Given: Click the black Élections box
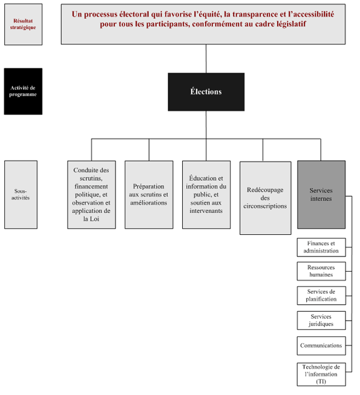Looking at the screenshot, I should pyautogui.click(x=206, y=92).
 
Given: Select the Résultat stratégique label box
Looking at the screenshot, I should pyautogui.click(x=24, y=24).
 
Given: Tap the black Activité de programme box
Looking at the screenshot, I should pyautogui.click(x=23, y=91).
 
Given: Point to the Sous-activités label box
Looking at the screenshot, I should pyautogui.click(x=21, y=194).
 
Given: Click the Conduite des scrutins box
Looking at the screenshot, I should pyautogui.click(x=91, y=194).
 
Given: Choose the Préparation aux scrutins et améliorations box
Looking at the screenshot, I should pyautogui.click(x=148, y=194).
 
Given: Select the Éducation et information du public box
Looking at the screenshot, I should pyautogui.click(x=206, y=194).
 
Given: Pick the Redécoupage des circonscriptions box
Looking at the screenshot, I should pyautogui.click(x=265, y=197).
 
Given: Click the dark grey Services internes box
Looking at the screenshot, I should pyautogui.click(x=321, y=194).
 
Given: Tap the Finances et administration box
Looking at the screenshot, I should pyautogui.click(x=321, y=247).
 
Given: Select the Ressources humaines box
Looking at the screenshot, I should pyautogui.click(x=321, y=270).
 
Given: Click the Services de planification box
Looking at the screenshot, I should pyautogui.click(x=321, y=295).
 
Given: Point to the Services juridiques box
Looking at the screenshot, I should pyautogui.click(x=321, y=320).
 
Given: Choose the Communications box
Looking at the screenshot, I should pyautogui.click(x=321, y=345).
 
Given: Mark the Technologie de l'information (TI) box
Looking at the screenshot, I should pyautogui.click(x=321, y=374).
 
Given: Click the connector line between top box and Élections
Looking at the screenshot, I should pyautogui.click(x=206, y=59).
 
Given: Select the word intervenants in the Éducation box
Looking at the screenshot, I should pyautogui.click(x=206, y=211).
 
